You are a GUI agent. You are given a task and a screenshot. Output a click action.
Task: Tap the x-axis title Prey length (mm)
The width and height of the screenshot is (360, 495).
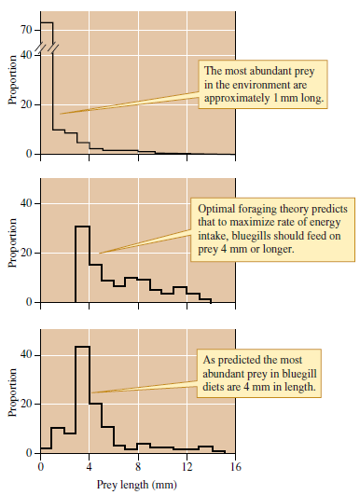137,485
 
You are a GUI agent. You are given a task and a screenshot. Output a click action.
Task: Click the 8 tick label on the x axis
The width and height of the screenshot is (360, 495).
138,466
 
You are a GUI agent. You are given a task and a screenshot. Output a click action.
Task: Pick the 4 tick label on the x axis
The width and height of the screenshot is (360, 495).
89,466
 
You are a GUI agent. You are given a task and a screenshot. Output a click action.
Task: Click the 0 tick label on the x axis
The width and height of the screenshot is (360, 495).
40,466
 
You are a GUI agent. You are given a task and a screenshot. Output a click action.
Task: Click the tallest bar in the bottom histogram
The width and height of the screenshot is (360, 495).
82,401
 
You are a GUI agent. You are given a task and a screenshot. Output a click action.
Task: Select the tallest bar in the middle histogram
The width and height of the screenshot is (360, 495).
82,266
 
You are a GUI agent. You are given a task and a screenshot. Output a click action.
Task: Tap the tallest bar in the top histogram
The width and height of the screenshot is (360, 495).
47,93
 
